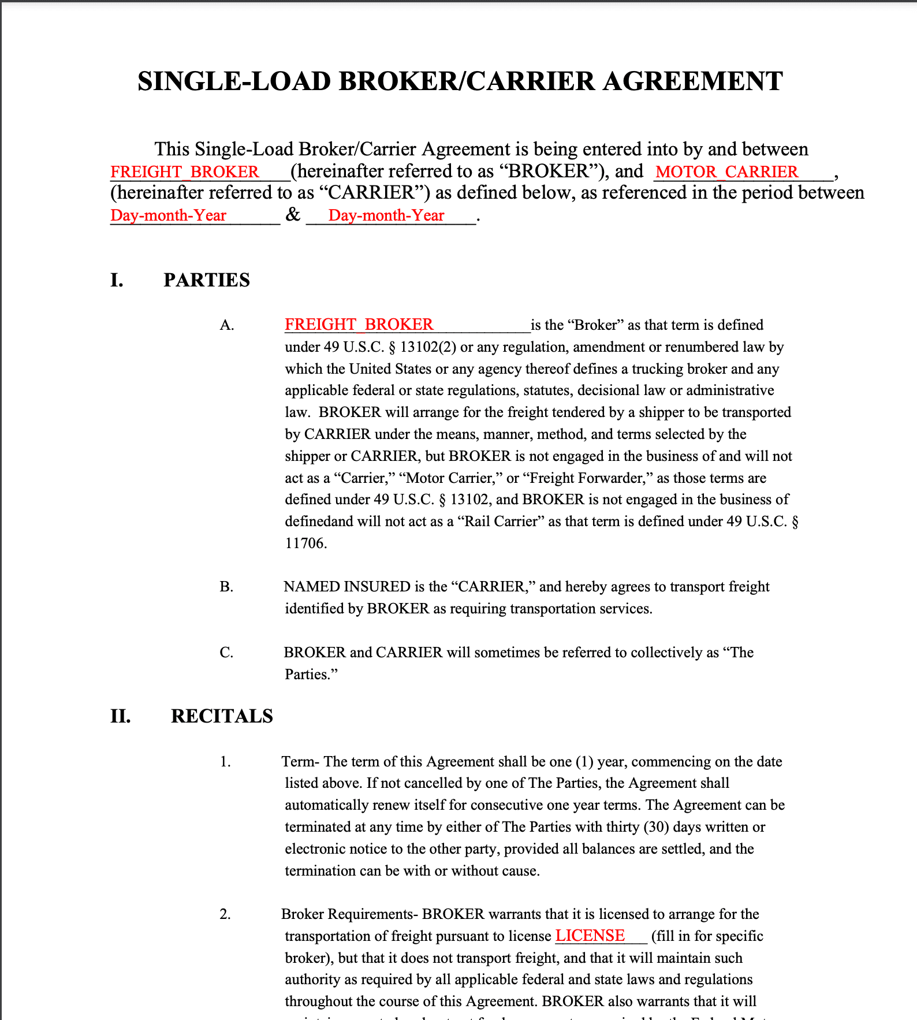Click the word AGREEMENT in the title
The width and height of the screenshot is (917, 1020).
point(693,81)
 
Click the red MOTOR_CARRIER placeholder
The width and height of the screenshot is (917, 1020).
point(727,172)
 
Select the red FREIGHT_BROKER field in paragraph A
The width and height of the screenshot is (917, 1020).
point(359,325)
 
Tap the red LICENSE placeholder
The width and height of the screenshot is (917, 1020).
point(590,936)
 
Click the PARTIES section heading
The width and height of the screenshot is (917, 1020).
point(207,280)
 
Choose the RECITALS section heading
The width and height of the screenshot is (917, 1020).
point(222,716)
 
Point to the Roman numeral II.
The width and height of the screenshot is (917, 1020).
point(120,716)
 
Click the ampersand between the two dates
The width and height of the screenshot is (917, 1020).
point(293,215)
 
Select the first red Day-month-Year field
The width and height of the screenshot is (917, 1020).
point(168,215)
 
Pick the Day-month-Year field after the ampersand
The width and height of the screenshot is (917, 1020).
point(386,215)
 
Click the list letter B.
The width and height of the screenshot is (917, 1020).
point(226,587)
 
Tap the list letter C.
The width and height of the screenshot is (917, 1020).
point(226,653)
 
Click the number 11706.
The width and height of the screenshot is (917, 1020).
point(305,543)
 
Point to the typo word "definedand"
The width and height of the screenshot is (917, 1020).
point(319,522)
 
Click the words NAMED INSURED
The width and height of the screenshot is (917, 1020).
point(346,587)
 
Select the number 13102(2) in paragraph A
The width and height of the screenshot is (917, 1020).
point(428,347)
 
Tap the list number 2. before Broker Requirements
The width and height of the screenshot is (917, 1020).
point(225,914)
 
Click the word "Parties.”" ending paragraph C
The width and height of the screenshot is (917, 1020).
point(311,675)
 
